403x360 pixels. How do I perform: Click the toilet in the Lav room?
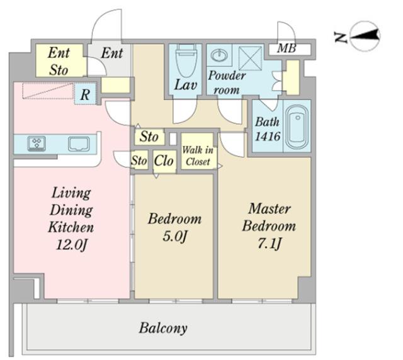186,60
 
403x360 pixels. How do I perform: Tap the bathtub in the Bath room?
297,127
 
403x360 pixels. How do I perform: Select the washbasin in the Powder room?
219,55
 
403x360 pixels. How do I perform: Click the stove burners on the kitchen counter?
37,143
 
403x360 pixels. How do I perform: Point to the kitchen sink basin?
79,144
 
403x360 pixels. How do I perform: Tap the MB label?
287,48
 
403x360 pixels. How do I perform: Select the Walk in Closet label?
198,155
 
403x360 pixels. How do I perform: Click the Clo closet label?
164,161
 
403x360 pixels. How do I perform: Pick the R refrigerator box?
85,94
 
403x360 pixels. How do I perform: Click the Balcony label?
163,328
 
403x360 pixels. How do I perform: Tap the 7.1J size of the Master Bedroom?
270,244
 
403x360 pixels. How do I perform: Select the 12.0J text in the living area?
72,245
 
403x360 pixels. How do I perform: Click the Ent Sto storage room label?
59,62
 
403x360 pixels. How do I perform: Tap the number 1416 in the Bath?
268,137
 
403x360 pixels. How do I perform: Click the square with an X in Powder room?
251,58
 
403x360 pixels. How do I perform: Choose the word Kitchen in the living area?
71,227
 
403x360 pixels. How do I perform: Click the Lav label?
186,85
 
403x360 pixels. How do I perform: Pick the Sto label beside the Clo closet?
139,161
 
